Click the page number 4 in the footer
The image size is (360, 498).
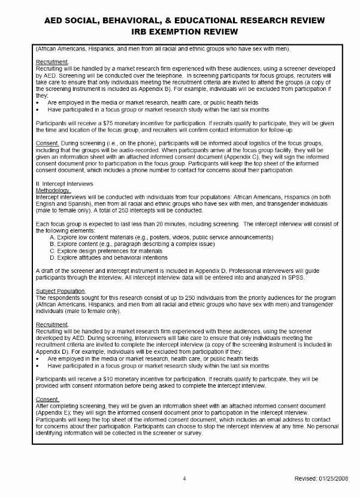click(184, 478)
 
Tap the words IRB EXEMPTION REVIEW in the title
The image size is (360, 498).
click(180, 31)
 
